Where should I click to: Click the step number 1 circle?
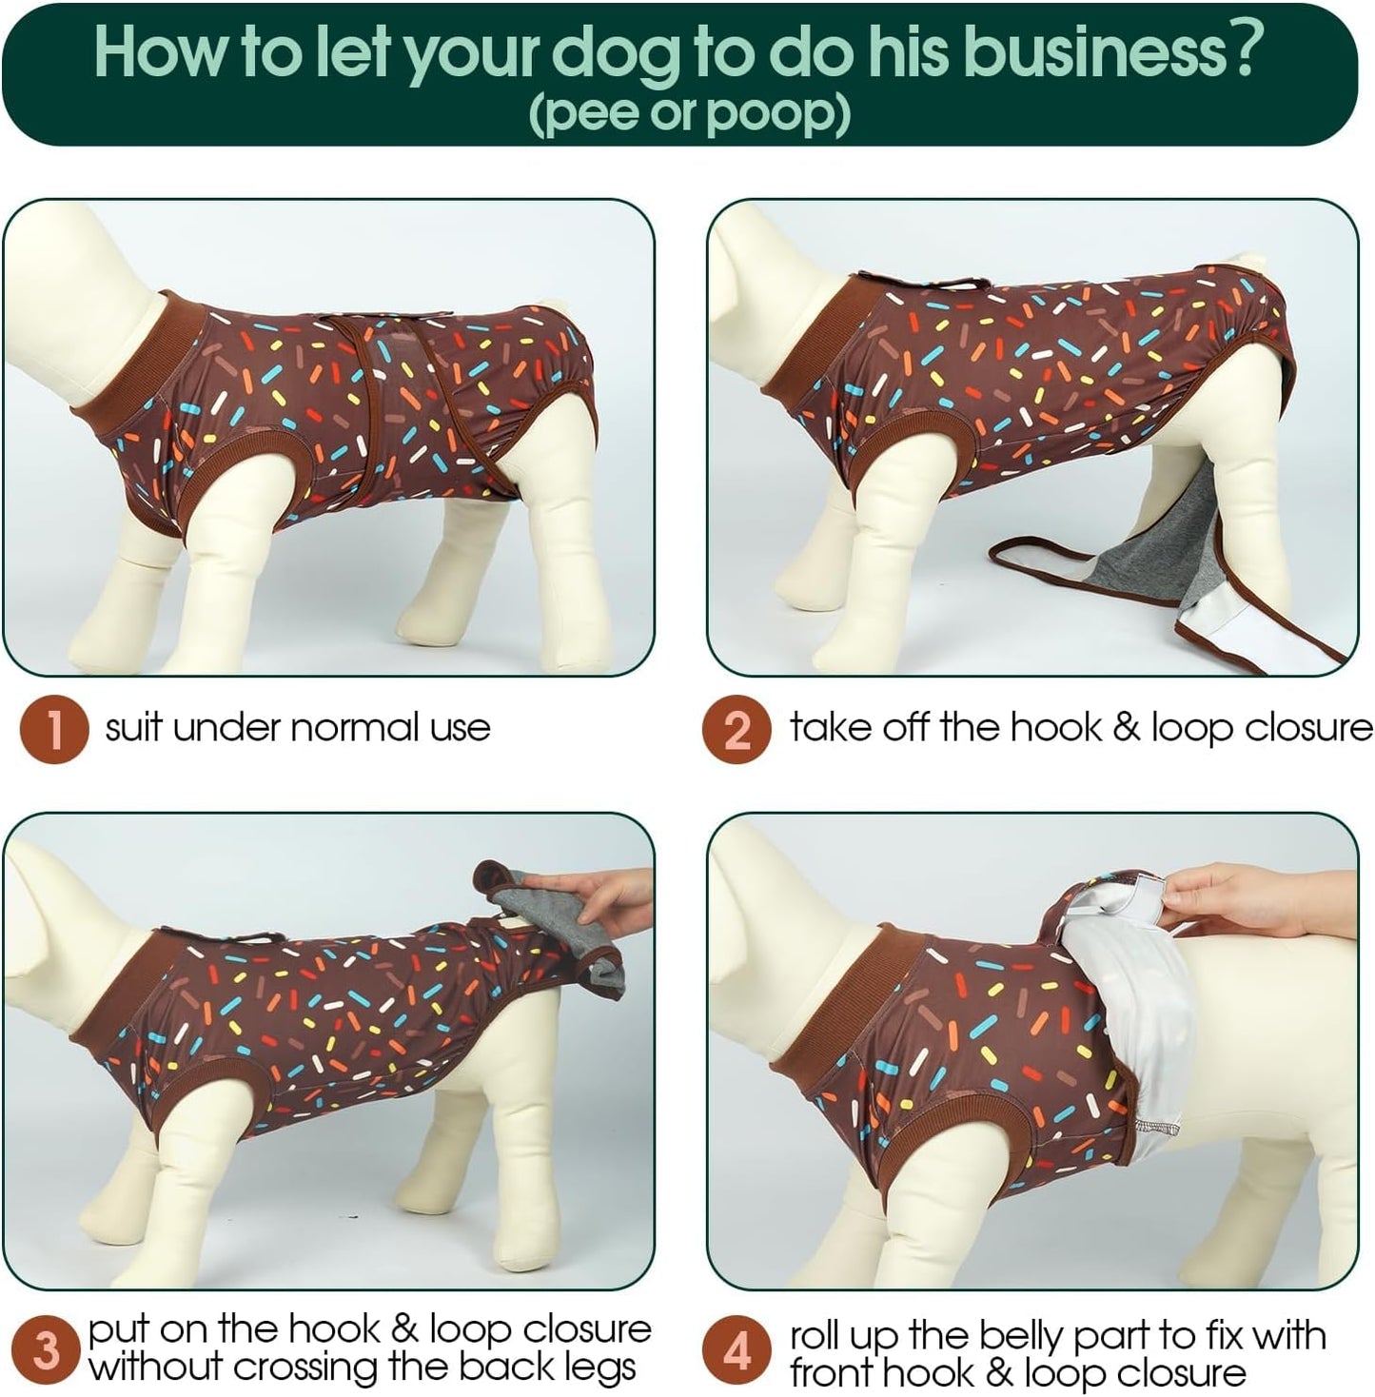(x=54, y=729)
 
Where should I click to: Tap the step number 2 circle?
(x=737, y=729)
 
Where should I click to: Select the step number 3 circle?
(x=45, y=1351)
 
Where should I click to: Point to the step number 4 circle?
(x=737, y=1351)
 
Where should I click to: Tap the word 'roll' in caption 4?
(x=816, y=1335)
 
